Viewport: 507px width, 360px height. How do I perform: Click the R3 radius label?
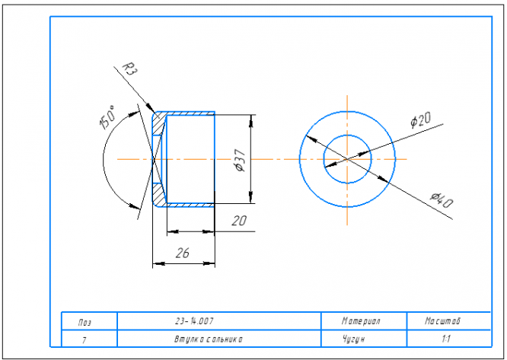pos(131,72)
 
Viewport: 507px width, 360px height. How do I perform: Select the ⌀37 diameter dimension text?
pos(238,160)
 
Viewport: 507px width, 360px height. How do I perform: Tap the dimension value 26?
pos(183,253)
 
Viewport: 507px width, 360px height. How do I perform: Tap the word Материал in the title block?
pos(361,320)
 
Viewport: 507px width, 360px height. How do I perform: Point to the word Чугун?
pos(356,338)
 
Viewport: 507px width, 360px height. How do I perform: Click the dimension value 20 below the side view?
pos(238,221)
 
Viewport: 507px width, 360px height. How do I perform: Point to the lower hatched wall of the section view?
pos(160,198)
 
